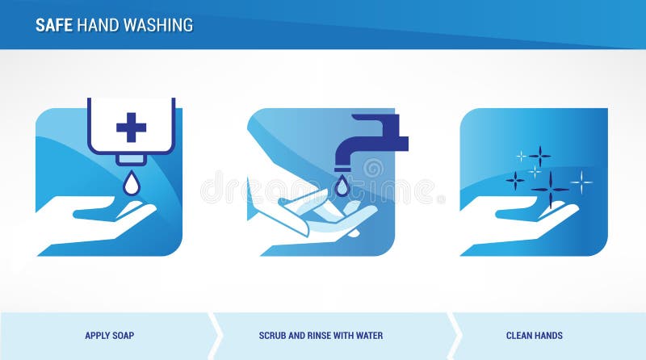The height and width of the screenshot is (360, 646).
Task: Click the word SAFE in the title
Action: click(x=54, y=25)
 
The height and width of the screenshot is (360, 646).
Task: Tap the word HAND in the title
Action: click(x=97, y=25)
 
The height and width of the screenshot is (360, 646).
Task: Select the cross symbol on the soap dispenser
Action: click(x=131, y=127)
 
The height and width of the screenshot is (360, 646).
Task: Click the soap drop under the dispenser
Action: click(x=130, y=185)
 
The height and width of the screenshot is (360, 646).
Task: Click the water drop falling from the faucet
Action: click(x=342, y=186)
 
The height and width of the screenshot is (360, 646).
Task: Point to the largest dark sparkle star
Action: click(x=550, y=190)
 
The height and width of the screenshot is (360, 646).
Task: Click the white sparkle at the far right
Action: click(x=581, y=182)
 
